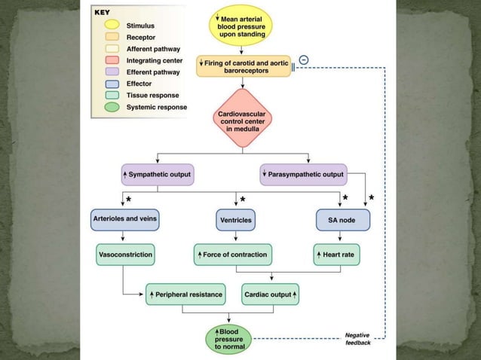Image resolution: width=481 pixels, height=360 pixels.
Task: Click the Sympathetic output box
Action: pyautogui.click(x=158, y=175)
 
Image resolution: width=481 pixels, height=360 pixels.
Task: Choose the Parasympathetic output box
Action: pyautogui.click(x=303, y=175)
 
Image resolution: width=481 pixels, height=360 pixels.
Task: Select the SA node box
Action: pyautogui.click(x=343, y=220)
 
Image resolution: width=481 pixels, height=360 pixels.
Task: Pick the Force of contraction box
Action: pyautogui.click(x=231, y=255)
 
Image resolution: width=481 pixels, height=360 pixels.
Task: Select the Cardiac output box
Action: pyautogui.click(x=271, y=294)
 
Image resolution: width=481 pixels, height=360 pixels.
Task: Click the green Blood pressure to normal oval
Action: pyautogui.click(x=228, y=338)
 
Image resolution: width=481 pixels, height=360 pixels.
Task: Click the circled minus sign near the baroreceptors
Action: pyautogui.click(x=302, y=59)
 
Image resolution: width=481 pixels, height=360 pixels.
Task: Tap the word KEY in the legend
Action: pyautogui.click(x=101, y=14)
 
